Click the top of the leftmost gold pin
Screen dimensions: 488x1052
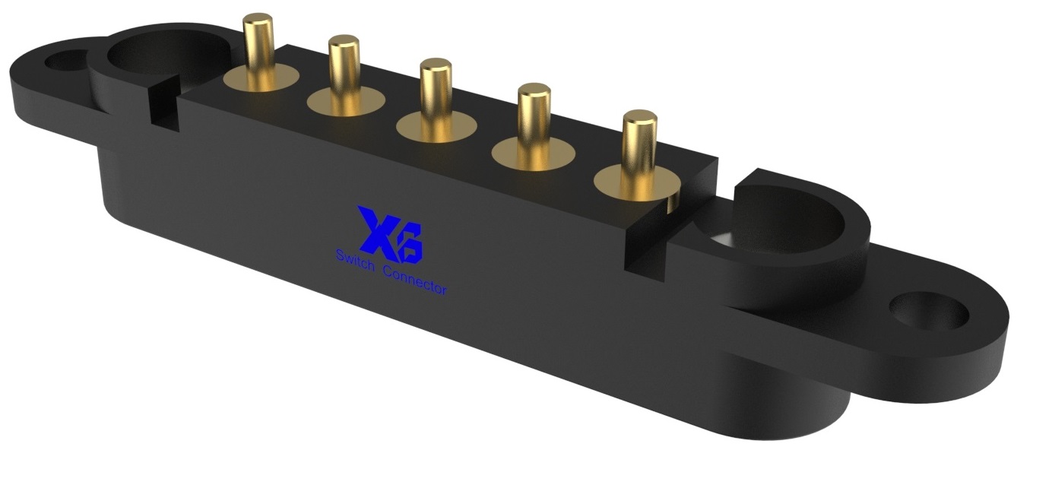pos(258,21)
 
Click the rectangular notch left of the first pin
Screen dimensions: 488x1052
pos(162,106)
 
